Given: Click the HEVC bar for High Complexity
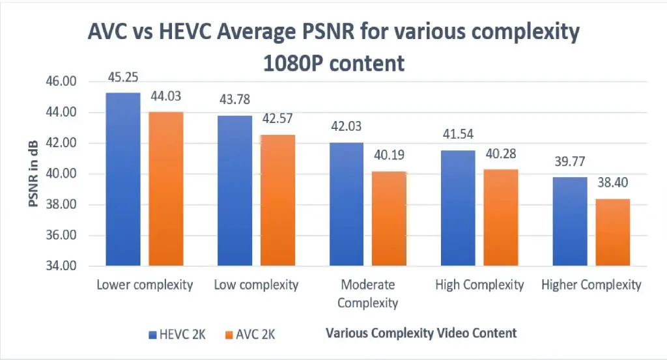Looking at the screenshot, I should pyautogui.click(x=457, y=208).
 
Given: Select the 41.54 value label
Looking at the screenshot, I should pyautogui.click(x=457, y=135).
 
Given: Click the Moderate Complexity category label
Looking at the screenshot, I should pyautogui.click(x=368, y=294).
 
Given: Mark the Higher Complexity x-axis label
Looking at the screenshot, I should pyautogui.click(x=591, y=285).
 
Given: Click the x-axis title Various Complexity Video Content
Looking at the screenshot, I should pyautogui.click(x=421, y=333).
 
